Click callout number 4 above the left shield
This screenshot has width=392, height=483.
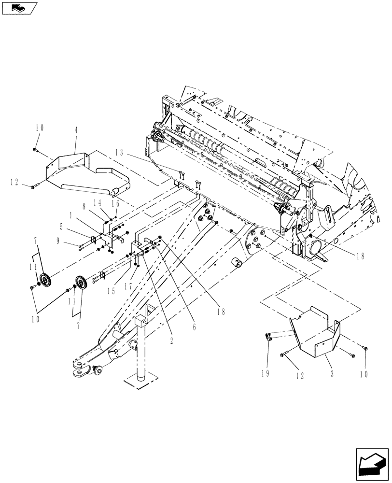click(77, 143)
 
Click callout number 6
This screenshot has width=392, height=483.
click(194, 327)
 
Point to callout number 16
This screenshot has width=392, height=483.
click(115, 204)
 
